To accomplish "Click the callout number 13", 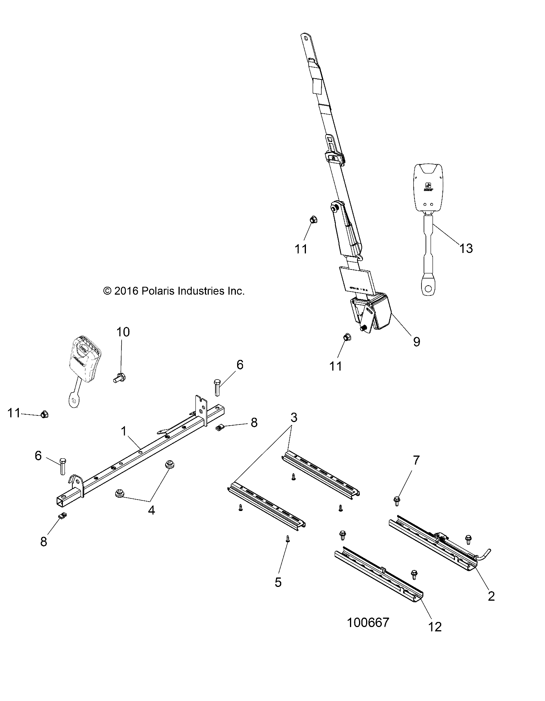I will [x=466, y=249].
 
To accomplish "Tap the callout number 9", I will [x=416, y=342].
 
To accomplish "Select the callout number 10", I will [x=123, y=332].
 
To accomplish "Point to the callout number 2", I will [x=491, y=596].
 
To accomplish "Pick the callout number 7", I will [x=416, y=460].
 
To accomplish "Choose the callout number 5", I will [x=278, y=582].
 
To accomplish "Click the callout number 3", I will [x=294, y=417].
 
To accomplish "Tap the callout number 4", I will [x=151, y=510].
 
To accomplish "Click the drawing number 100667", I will [x=368, y=622].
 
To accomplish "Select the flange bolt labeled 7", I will [x=397, y=500].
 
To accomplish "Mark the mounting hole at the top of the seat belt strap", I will [x=306, y=39].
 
